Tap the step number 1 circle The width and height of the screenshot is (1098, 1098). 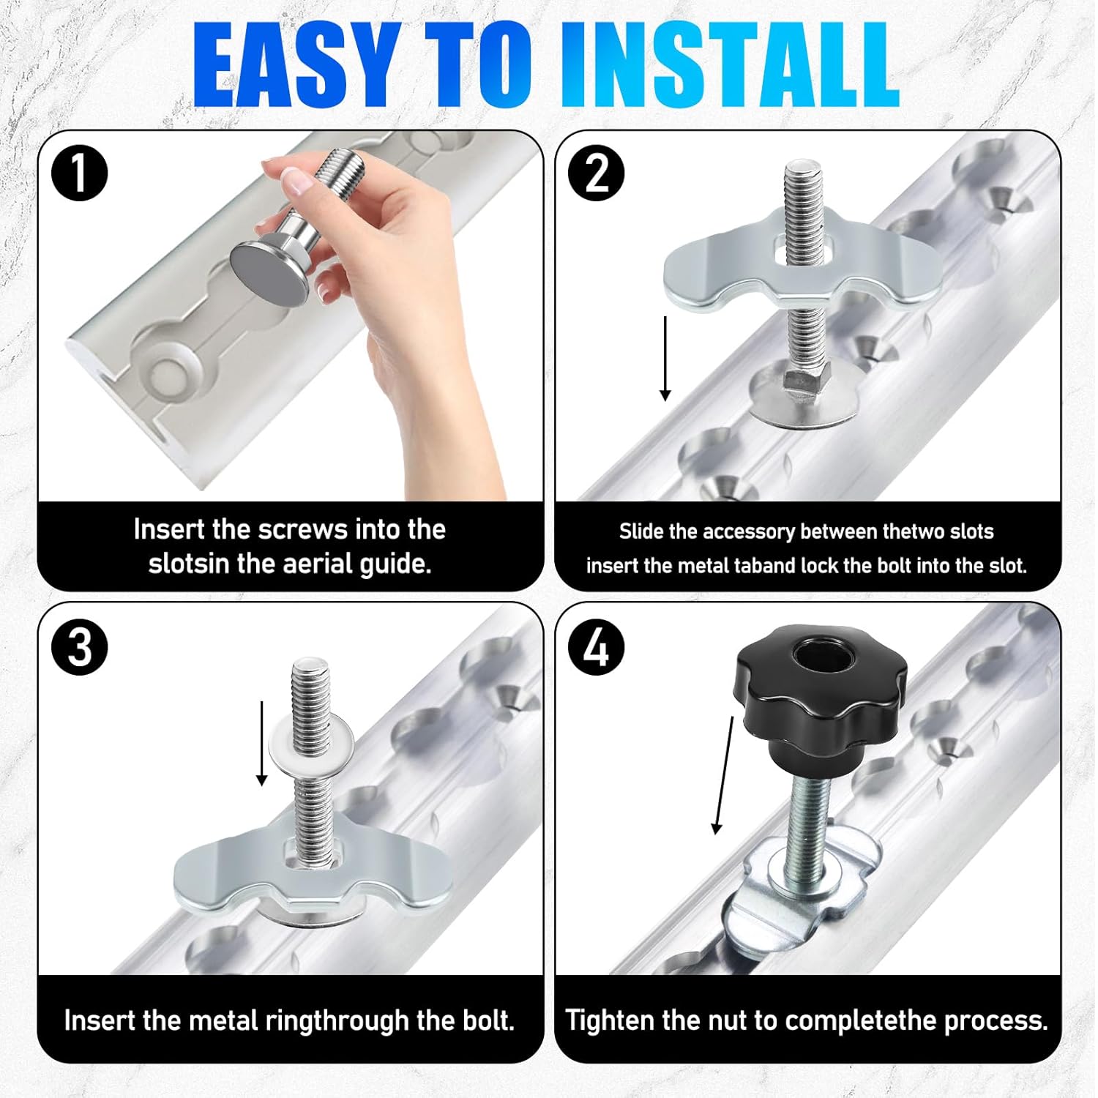(x=80, y=173)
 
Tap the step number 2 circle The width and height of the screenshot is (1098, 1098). (x=597, y=173)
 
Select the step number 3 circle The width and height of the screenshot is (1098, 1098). (x=80, y=647)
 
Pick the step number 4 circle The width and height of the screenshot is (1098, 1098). (x=597, y=647)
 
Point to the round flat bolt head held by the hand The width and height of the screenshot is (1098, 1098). (x=269, y=274)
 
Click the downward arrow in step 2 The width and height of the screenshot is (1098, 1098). (x=665, y=359)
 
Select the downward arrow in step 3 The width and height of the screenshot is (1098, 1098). (x=261, y=743)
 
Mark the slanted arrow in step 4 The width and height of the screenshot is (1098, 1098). (x=724, y=776)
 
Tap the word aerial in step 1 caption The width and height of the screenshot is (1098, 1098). (x=319, y=564)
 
